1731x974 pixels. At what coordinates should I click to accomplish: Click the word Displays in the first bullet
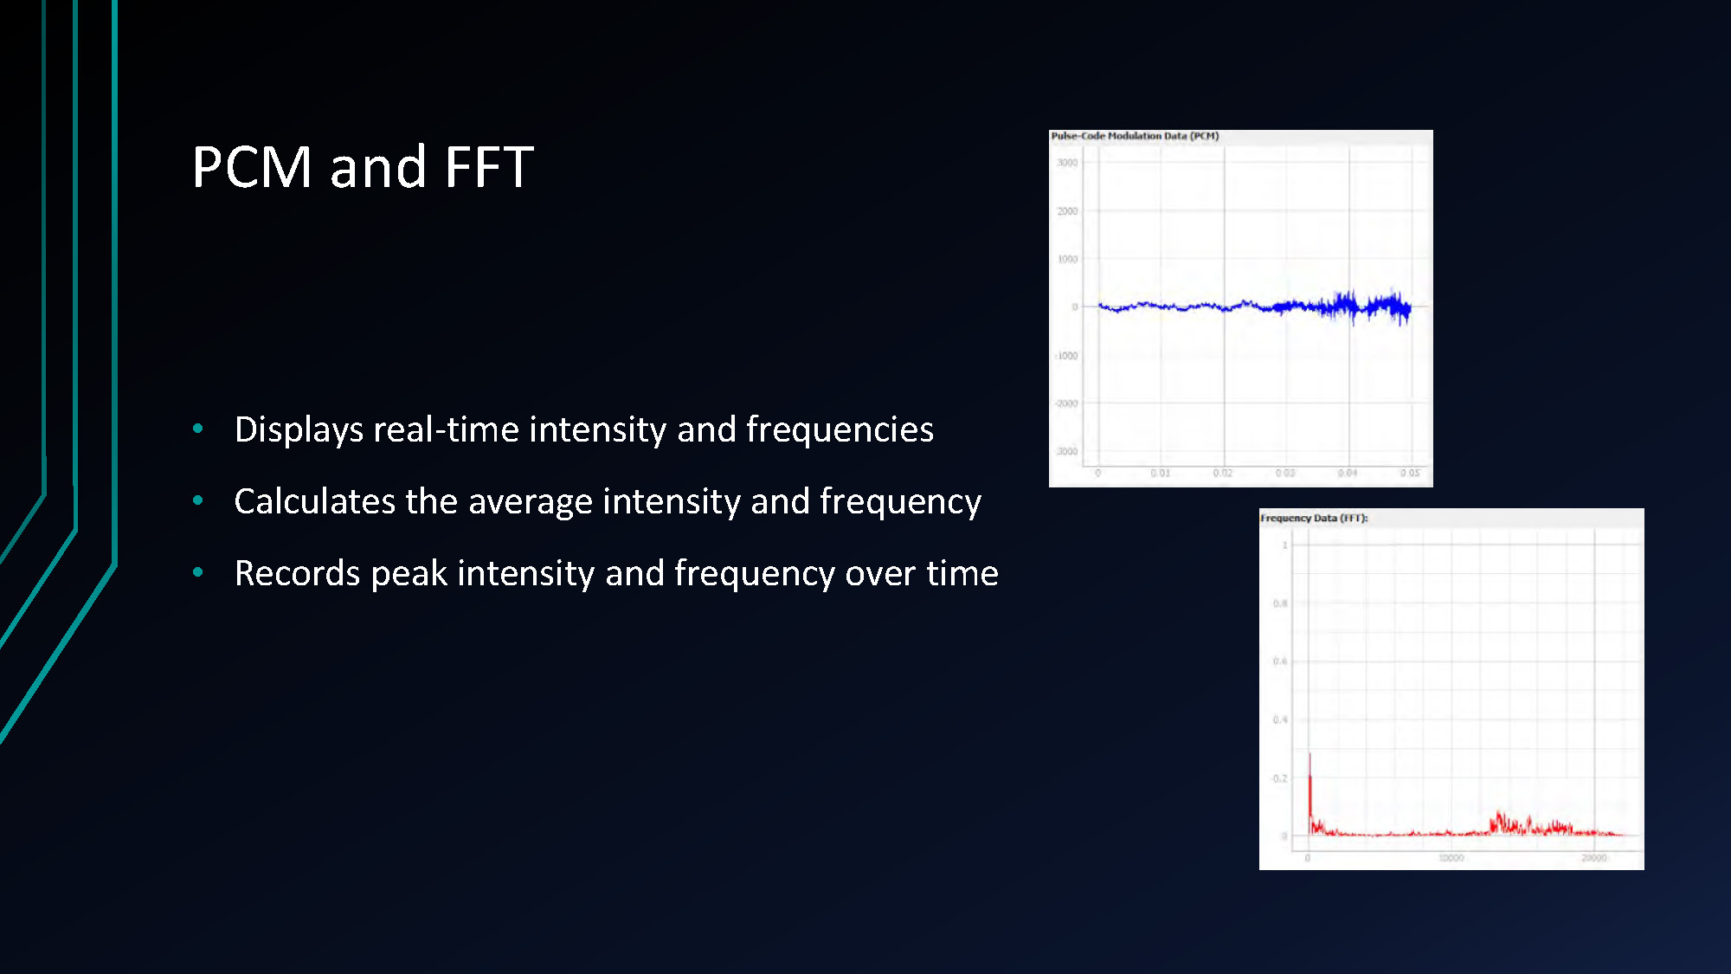[x=299, y=430]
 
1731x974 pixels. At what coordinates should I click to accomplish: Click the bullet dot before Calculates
[x=198, y=500]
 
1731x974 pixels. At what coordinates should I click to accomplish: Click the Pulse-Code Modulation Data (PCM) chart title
[x=1135, y=136]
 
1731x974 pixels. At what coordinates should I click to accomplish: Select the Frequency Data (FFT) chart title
[x=1314, y=518]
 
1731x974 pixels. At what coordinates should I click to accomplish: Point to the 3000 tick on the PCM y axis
[x=1067, y=163]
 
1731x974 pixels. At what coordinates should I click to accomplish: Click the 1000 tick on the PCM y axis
[x=1067, y=259]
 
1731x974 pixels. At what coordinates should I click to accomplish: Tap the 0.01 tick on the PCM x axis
[x=1161, y=473]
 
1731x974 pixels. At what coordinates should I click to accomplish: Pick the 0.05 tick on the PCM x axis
[x=1410, y=473]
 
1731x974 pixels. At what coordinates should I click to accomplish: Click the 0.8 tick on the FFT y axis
[x=1280, y=603]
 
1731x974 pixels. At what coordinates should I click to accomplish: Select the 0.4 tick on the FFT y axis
[x=1280, y=719]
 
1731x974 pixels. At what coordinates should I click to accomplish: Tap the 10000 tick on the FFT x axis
[x=1451, y=858]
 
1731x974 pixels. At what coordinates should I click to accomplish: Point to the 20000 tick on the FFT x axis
[x=1594, y=858]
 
